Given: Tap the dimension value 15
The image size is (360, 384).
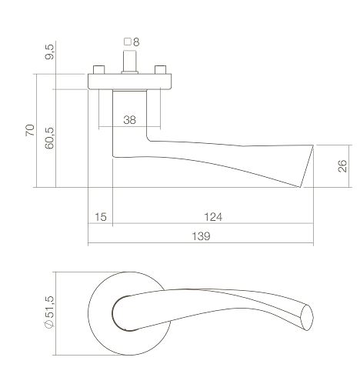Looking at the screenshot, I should (x=100, y=218).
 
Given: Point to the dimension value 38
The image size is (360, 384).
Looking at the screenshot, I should (x=130, y=119).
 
